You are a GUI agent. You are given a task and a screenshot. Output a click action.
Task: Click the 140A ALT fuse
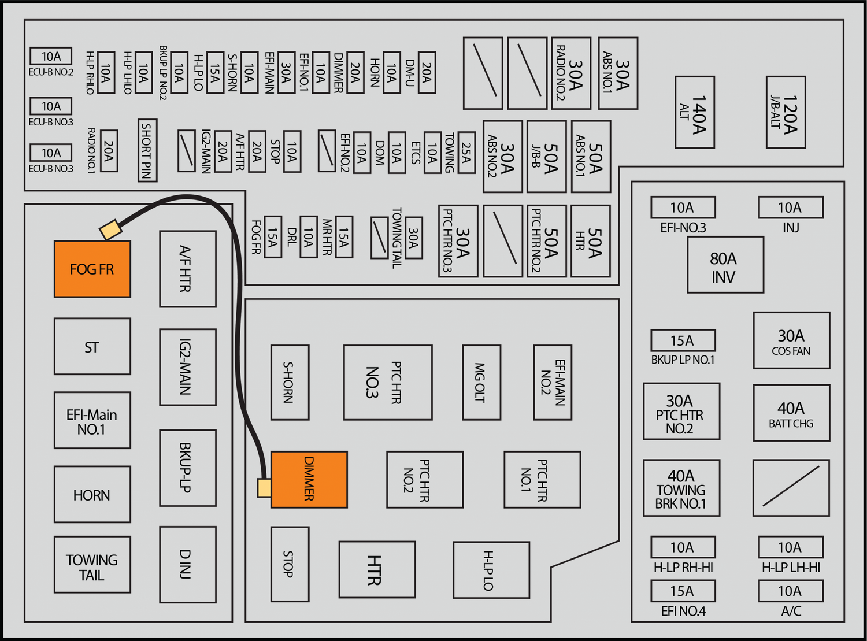pos(695,112)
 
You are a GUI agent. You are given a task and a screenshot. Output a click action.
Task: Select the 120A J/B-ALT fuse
pos(786,112)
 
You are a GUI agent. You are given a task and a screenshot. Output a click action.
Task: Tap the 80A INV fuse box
pos(725,265)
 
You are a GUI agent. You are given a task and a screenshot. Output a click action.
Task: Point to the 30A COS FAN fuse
pos(791,340)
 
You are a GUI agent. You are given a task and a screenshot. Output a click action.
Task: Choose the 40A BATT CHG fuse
pos(791,413)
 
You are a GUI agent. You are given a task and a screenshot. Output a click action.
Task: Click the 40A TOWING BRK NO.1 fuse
pos(681,488)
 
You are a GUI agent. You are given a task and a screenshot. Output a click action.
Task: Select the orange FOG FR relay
pos(92,269)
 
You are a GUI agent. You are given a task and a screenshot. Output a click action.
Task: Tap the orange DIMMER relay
pos(309,479)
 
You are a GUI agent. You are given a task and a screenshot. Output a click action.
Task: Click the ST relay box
pos(92,346)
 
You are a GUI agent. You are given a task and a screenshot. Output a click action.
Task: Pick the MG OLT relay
pos(481,382)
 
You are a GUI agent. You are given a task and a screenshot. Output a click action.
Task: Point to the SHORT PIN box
pos(147,150)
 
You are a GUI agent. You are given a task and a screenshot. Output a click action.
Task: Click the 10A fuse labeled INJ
pos(791,208)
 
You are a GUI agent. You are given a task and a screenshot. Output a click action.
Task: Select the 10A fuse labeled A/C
pos(791,591)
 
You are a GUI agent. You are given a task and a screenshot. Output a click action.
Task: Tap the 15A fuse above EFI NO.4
pos(683,591)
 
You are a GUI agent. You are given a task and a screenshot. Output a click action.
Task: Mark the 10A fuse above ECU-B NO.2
pos(51,56)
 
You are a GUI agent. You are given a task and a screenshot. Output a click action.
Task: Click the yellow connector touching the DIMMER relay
pos(264,487)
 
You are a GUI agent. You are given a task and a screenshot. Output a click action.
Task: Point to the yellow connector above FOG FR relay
pos(110,229)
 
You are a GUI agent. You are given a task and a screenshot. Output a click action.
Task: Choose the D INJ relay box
pos(188,564)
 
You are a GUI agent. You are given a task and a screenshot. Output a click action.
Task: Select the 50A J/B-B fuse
pos(546,156)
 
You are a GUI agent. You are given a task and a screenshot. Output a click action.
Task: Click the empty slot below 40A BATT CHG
pos(791,488)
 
